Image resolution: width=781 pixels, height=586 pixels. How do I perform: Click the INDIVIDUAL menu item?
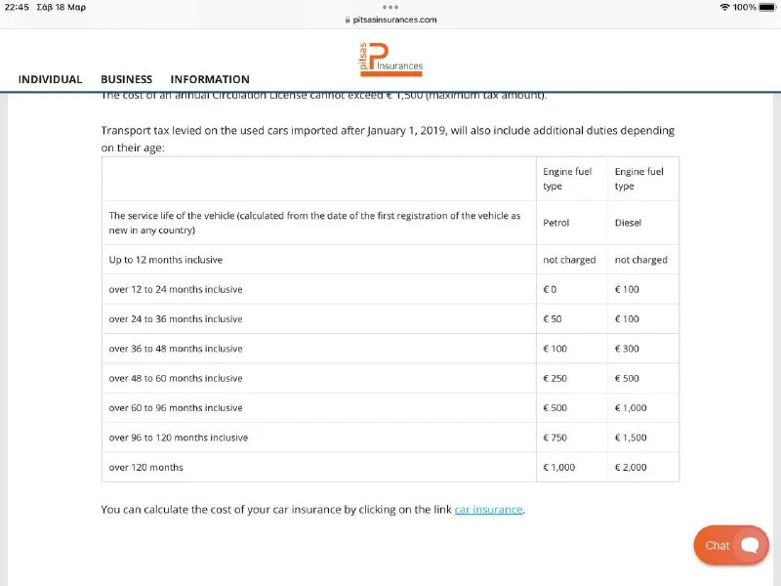click(x=50, y=79)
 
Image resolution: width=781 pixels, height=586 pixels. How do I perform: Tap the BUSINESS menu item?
click(x=126, y=79)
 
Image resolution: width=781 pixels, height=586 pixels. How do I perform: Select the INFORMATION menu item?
click(x=210, y=79)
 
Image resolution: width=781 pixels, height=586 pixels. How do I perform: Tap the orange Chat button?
click(x=731, y=545)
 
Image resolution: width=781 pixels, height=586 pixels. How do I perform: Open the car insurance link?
click(x=488, y=510)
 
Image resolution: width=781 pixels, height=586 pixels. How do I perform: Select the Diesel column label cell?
click(x=628, y=223)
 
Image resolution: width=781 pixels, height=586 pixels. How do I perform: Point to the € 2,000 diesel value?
click(x=631, y=468)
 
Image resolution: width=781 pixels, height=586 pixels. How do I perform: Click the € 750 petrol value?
click(x=555, y=438)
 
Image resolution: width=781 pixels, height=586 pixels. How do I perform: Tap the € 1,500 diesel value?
click(x=631, y=438)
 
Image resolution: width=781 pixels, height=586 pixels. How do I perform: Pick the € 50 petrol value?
click(x=553, y=319)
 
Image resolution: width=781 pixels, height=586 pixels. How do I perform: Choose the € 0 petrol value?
click(x=550, y=290)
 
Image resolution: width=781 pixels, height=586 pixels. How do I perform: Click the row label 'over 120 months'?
click(x=146, y=468)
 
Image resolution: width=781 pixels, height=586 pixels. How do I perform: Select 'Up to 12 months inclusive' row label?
click(x=166, y=260)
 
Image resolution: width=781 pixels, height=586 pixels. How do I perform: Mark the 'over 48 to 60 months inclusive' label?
click(x=176, y=379)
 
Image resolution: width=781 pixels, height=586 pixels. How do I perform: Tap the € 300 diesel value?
click(x=628, y=349)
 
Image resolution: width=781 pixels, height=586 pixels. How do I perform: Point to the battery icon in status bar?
click(x=766, y=8)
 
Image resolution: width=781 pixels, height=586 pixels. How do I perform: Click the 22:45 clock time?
click(x=17, y=8)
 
